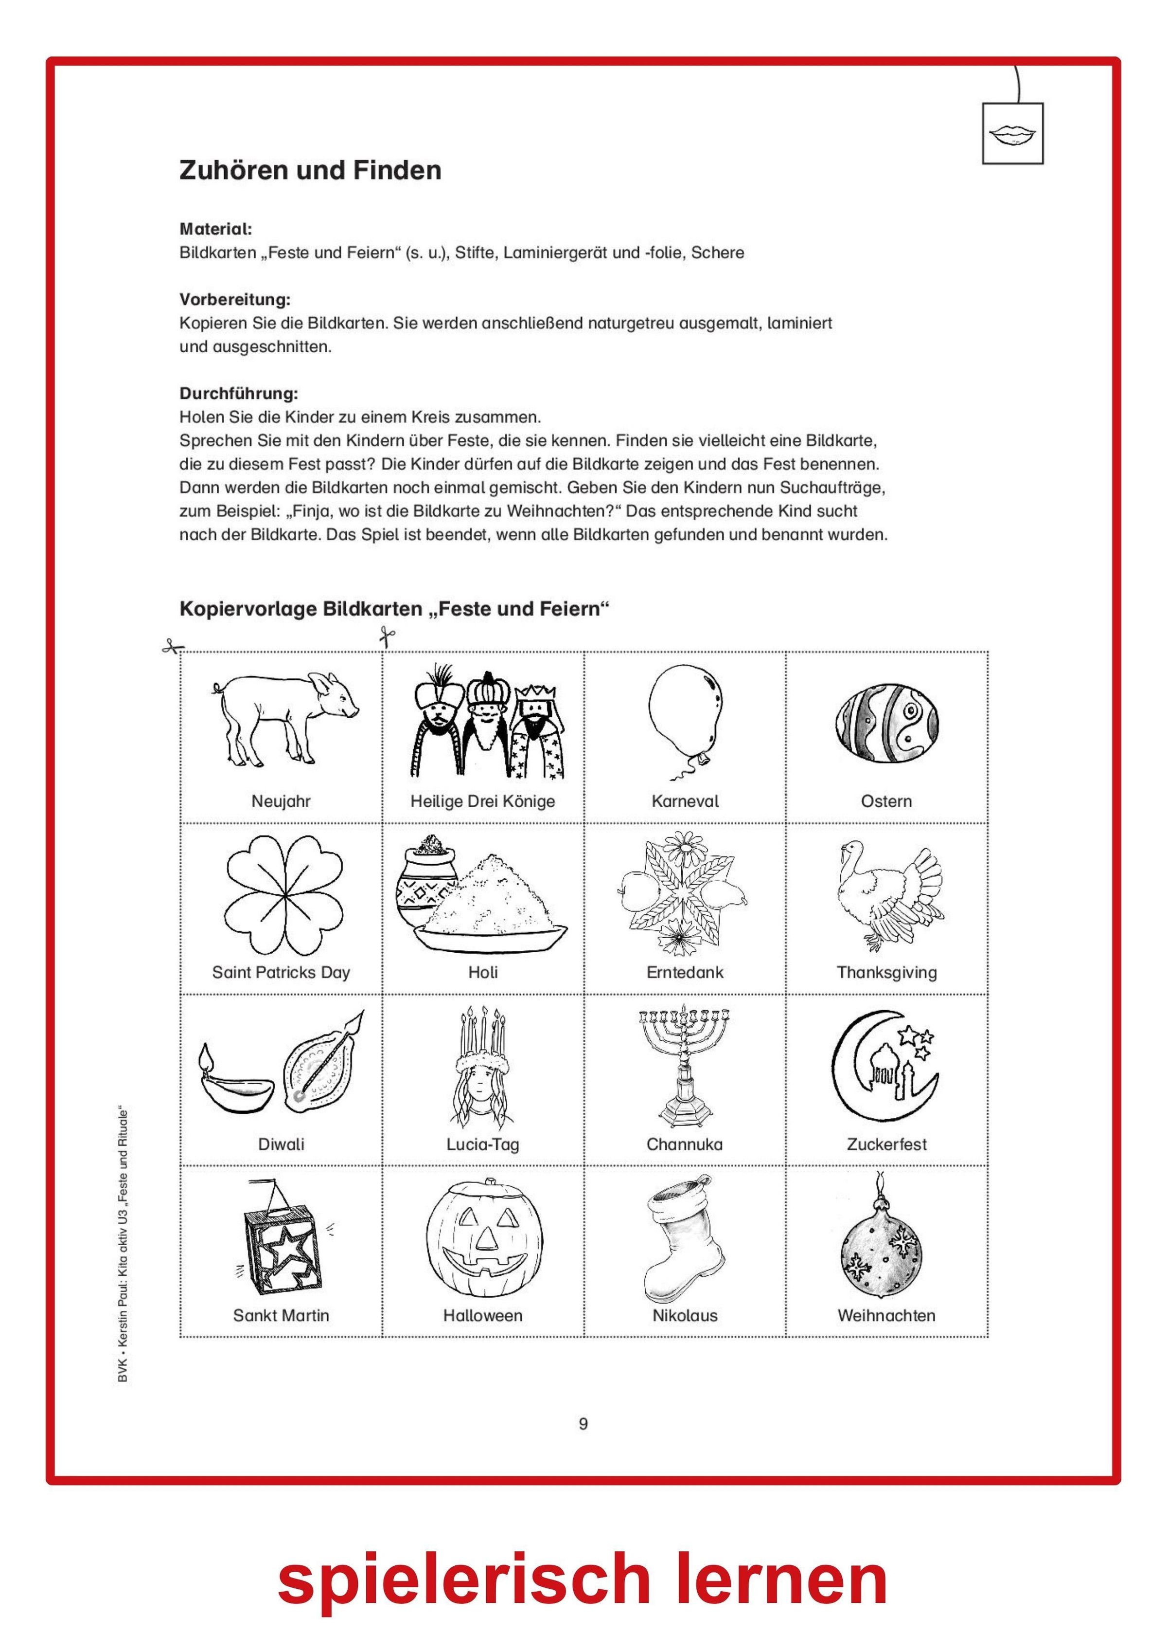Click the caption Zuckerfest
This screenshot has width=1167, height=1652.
coord(886,1144)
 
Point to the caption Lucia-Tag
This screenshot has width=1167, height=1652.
coord(482,1144)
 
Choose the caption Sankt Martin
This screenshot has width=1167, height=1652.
coord(281,1315)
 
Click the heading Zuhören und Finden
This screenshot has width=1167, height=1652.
coord(310,170)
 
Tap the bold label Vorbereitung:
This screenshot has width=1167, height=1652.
coord(234,299)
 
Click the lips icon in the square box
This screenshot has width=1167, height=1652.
coord(1012,133)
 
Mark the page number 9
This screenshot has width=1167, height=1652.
coord(583,1423)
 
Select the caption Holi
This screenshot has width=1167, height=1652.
coord(482,973)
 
